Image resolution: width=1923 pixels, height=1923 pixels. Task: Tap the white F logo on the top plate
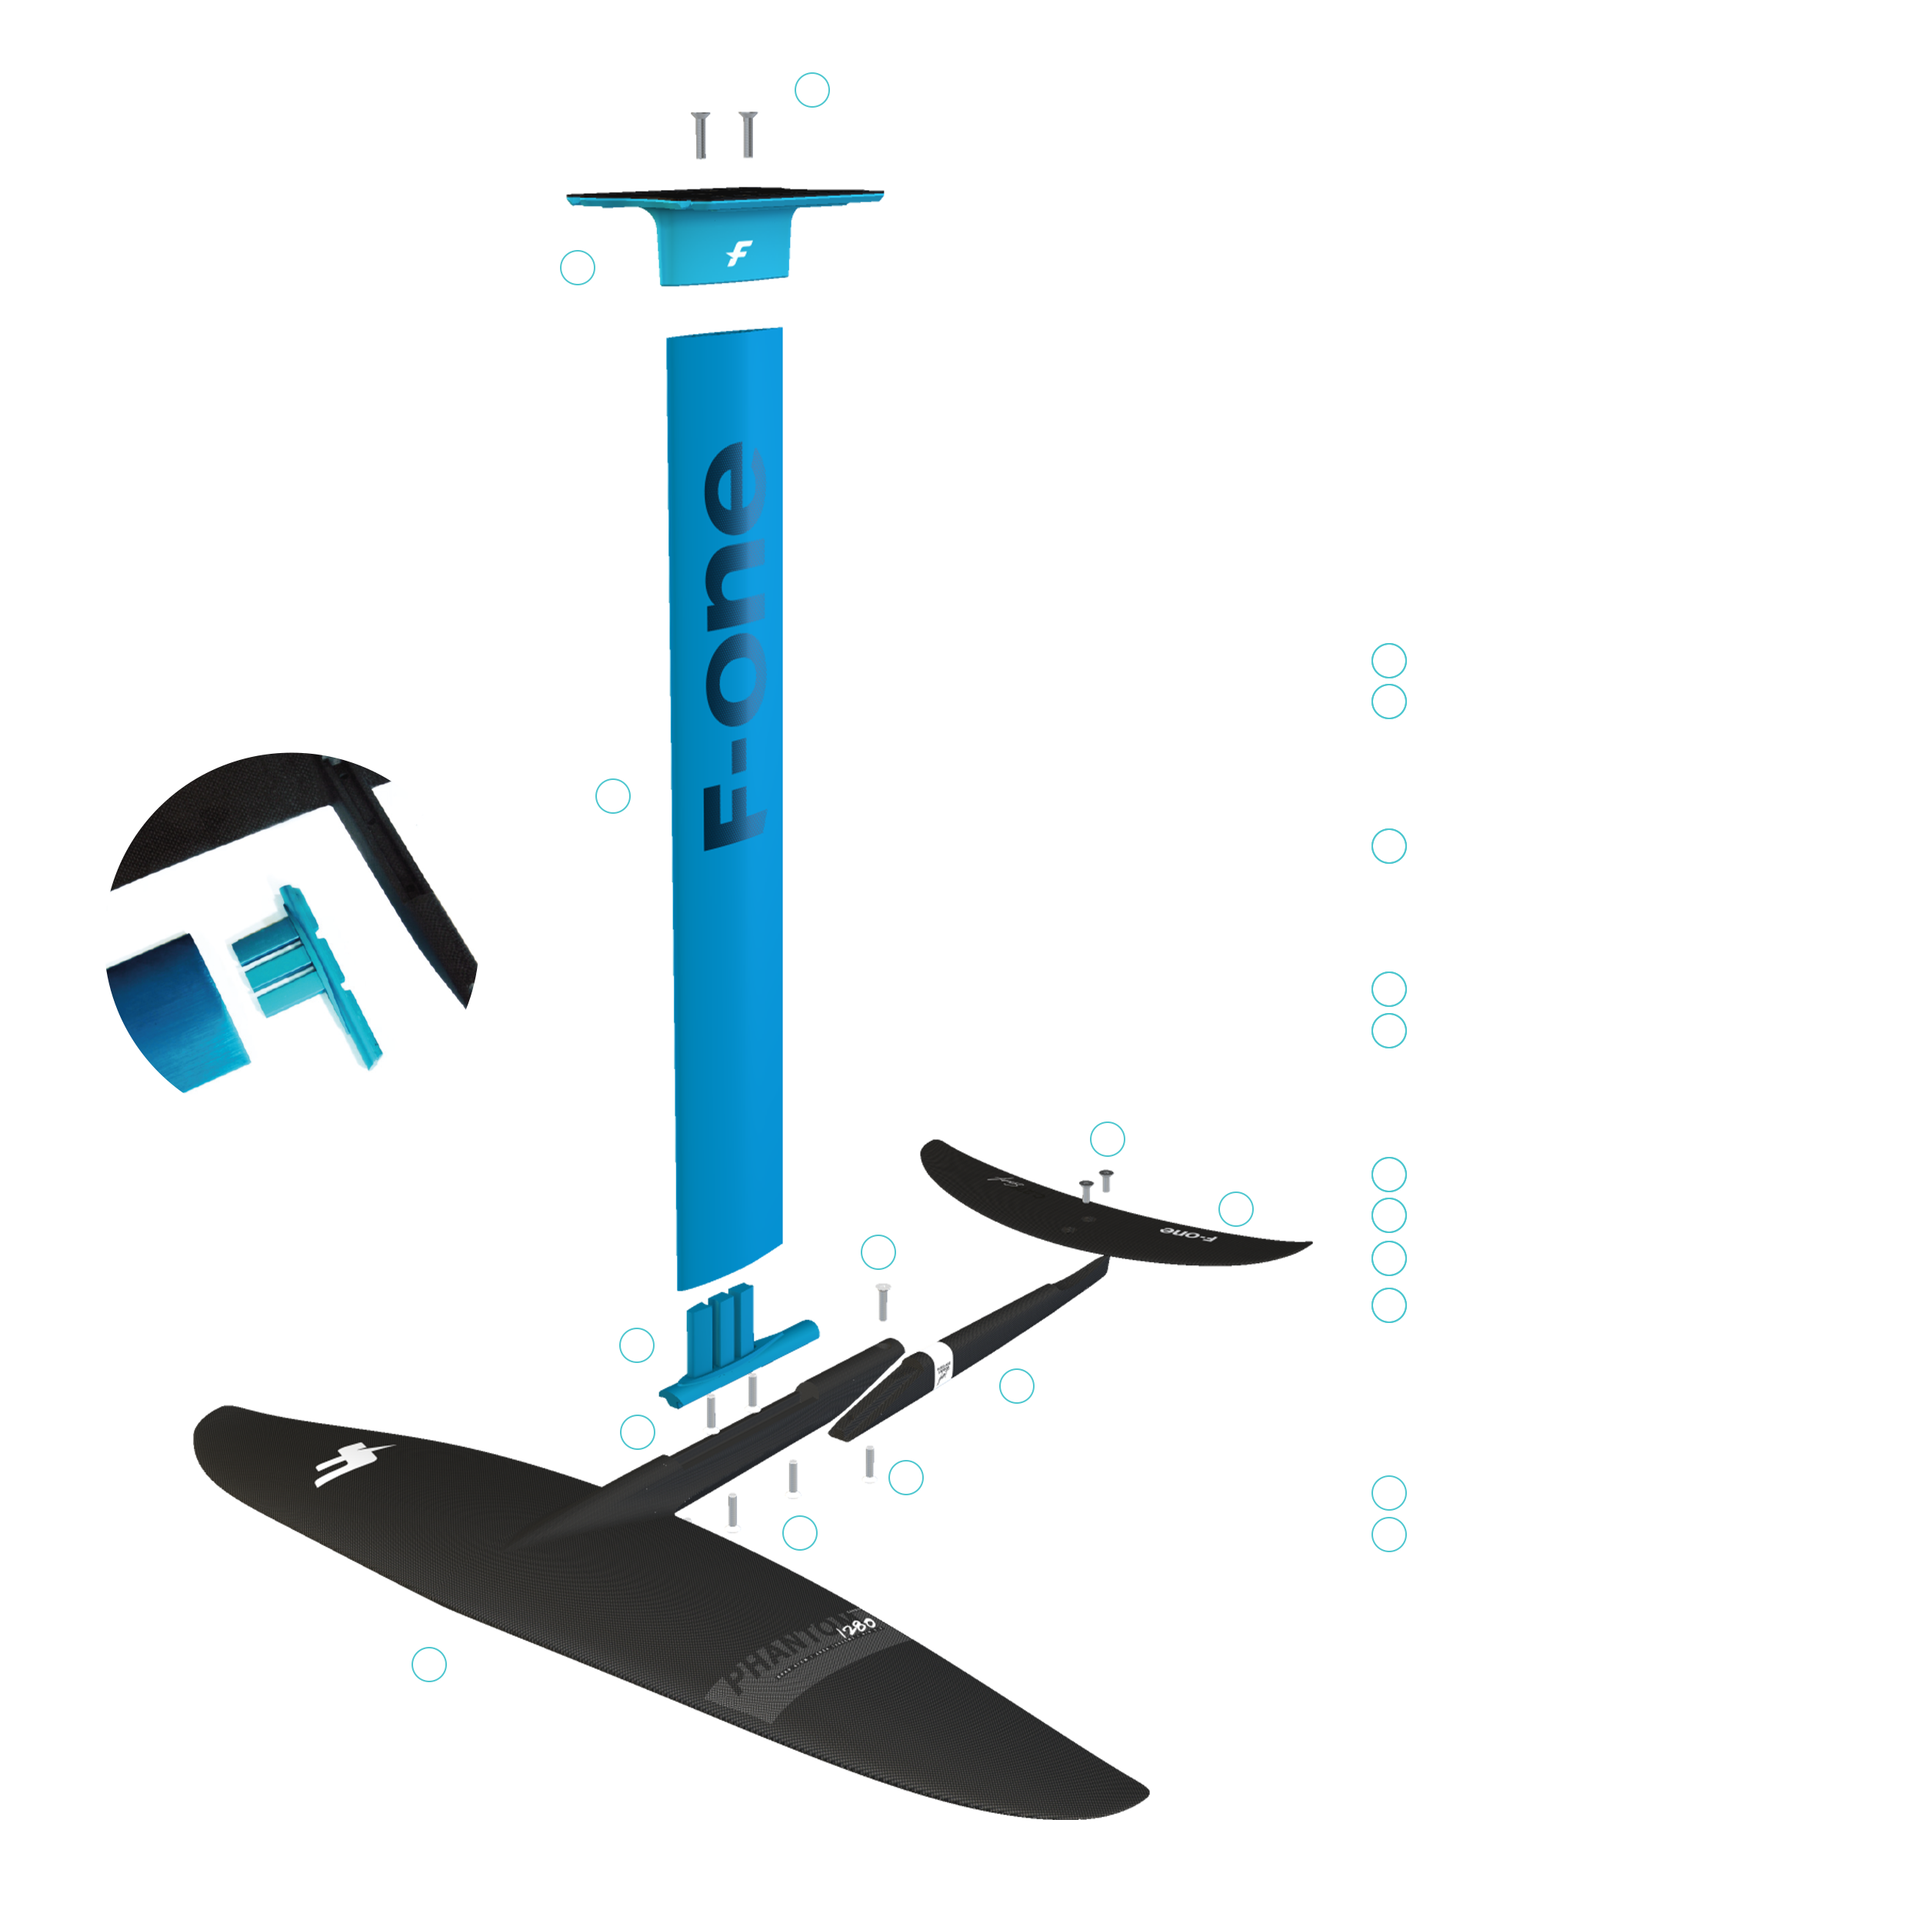pos(738,254)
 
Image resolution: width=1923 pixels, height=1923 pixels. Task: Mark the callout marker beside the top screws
pos(814,92)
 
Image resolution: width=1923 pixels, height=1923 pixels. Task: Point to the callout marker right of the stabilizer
pos(1235,1209)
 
